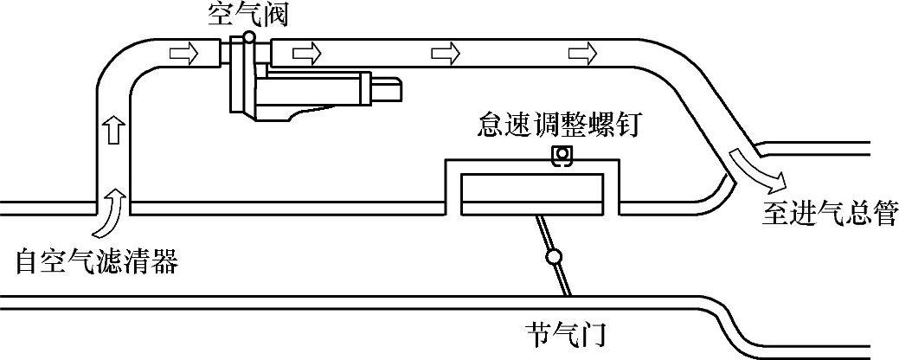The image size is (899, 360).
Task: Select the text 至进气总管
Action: click(829, 213)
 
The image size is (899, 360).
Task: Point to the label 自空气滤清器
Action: click(96, 261)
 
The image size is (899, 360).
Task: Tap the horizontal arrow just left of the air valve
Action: click(183, 54)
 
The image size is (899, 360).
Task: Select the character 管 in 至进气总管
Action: click(883, 213)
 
